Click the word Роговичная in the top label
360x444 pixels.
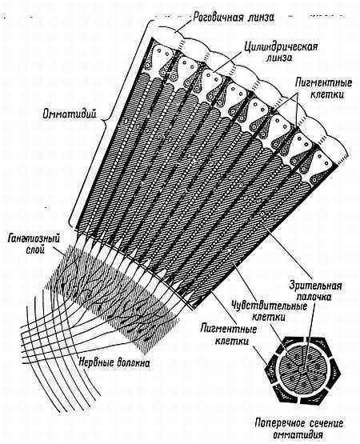[x=218, y=18]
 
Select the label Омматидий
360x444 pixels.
[x=70, y=114]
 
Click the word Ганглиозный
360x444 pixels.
[x=34, y=239]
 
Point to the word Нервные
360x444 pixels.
[x=94, y=362]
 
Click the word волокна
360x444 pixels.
[x=131, y=362]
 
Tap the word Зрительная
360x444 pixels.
[x=315, y=286]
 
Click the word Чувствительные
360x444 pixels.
[x=270, y=306]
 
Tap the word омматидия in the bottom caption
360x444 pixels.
[x=298, y=434]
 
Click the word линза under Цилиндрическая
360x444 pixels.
[x=279, y=58]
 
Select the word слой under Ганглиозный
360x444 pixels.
[x=36, y=250]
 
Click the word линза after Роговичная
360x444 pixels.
[x=260, y=18]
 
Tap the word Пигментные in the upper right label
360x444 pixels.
[x=324, y=83]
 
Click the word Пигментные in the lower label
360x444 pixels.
[x=228, y=329]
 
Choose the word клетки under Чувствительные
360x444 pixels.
[x=268, y=317]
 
